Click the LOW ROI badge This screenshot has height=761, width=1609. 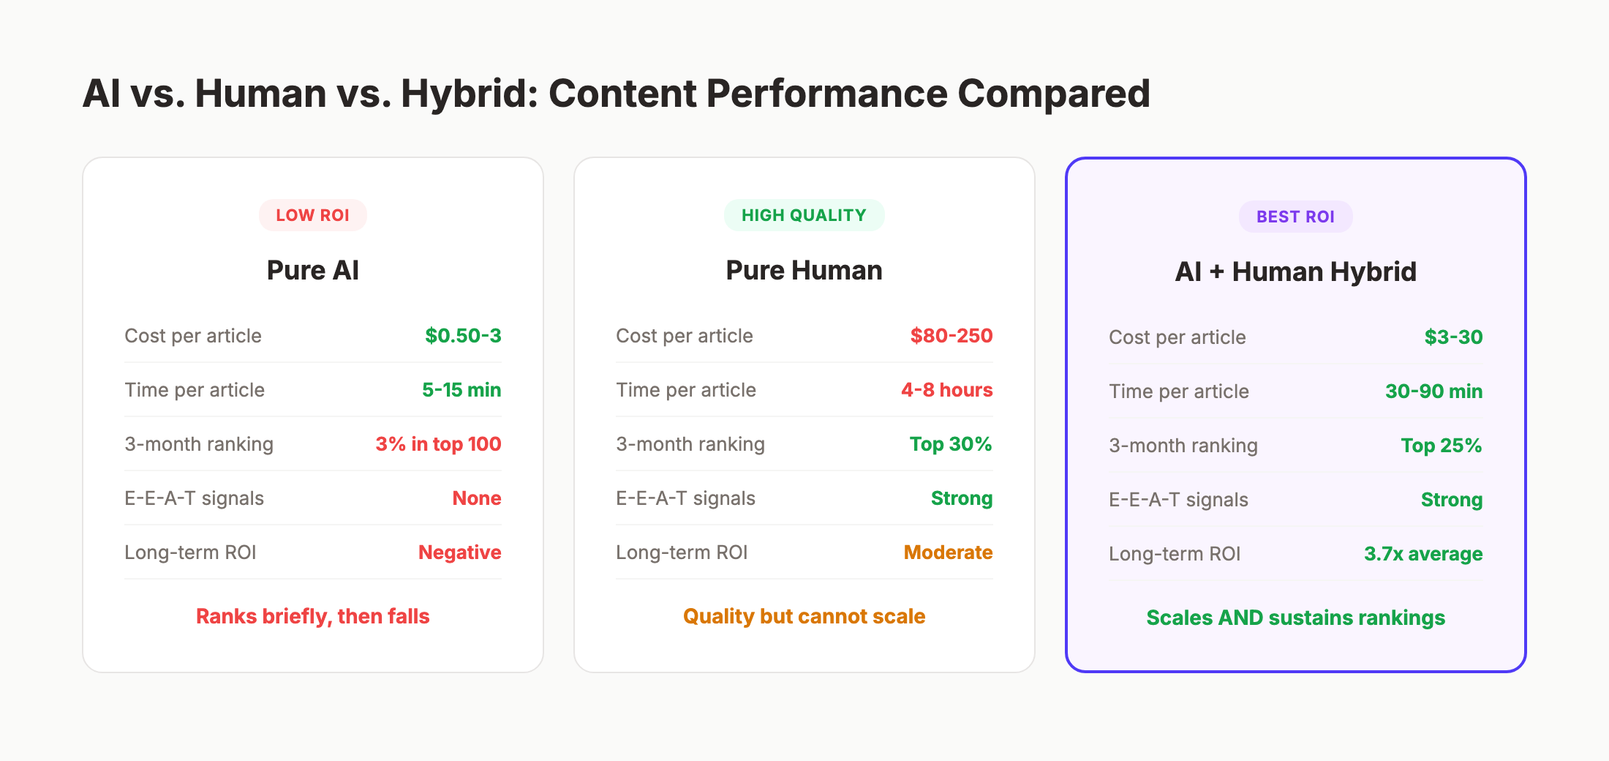(x=312, y=215)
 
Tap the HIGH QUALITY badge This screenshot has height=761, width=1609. (x=804, y=215)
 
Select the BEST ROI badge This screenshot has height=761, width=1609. (x=1295, y=217)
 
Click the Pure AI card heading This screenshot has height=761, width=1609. (x=312, y=270)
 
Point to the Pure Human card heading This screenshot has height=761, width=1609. (x=804, y=270)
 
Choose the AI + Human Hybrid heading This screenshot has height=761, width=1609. (x=1295, y=271)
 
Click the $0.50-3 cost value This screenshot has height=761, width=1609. (x=463, y=336)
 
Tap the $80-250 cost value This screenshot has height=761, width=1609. (x=951, y=336)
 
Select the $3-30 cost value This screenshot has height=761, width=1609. (x=1453, y=337)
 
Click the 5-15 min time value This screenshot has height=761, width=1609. (x=461, y=390)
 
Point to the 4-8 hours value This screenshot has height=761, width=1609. (x=946, y=390)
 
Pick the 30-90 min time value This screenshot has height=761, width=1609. (x=1433, y=391)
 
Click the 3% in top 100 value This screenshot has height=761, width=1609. (x=438, y=444)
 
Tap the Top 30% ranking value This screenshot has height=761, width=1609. (x=950, y=444)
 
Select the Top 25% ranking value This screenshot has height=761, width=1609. (x=1441, y=446)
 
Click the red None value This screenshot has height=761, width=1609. (x=476, y=498)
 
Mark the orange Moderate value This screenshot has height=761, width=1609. (x=948, y=552)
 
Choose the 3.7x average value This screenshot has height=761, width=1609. (x=1423, y=554)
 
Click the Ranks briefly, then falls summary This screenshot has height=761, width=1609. (x=312, y=616)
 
